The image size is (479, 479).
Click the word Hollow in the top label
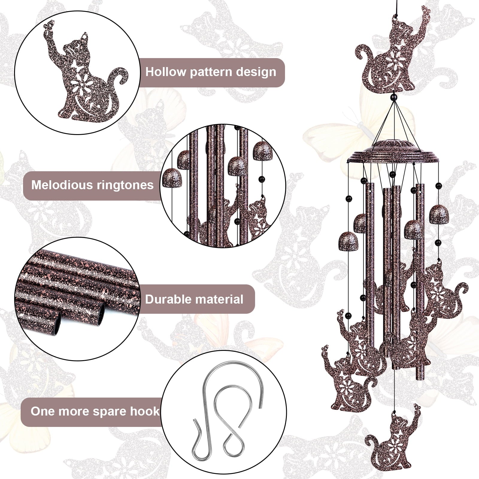pos(166,72)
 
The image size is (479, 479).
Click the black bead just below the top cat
pos(394,97)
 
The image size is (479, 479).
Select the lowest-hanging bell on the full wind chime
pos(348,242)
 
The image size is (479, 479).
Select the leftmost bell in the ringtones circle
pos(172,178)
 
